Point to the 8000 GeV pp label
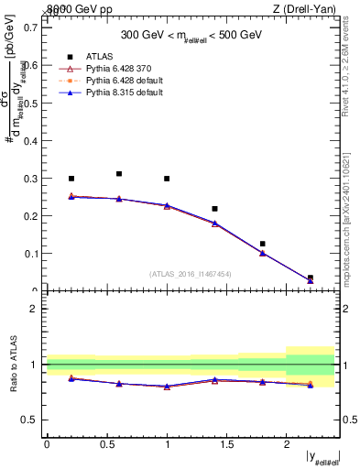pyautogui.click(x=74, y=9)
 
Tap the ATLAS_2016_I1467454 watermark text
pyautogui.click(x=191, y=273)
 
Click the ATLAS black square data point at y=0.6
pyautogui.click(x=119, y=173)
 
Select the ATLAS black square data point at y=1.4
pyautogui.click(x=214, y=209)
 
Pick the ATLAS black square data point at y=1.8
pyautogui.click(x=262, y=244)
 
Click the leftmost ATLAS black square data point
pyautogui.click(x=71, y=179)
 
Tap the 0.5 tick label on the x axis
pyautogui.click(x=106, y=443)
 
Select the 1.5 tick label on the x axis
pyautogui.click(x=226, y=443)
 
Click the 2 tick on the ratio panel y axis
pyautogui.click(x=37, y=309)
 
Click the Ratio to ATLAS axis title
pyautogui.click(x=13, y=364)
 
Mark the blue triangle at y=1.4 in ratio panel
pyautogui.click(x=214, y=379)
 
